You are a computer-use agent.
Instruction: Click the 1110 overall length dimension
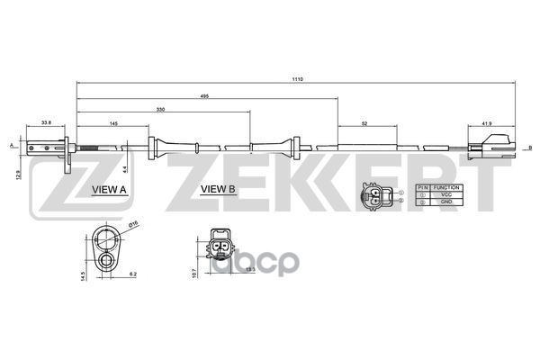[298, 79]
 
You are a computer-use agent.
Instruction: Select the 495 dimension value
[206, 94]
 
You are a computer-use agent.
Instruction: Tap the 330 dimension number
[161, 108]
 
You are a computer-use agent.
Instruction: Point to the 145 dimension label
[114, 122]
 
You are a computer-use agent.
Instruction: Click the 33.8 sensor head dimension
[46, 122]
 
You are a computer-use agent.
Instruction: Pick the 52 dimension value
[364, 122]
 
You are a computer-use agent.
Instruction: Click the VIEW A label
[109, 190]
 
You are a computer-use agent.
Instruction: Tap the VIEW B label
[217, 190]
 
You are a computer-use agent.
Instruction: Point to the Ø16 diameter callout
[132, 224]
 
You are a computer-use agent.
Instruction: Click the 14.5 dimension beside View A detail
[82, 275]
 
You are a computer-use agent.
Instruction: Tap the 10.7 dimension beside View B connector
[194, 271]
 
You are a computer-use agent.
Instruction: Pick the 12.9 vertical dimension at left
[18, 173]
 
